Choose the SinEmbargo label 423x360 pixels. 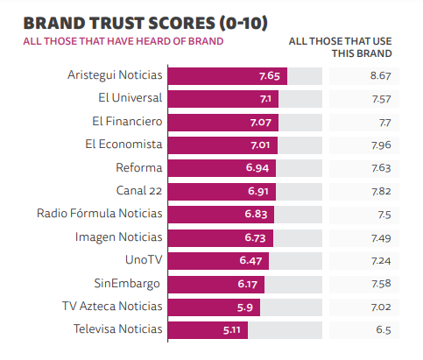[128, 283]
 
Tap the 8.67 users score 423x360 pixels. [378, 76]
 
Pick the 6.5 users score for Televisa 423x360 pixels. [383, 329]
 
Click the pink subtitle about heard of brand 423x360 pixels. [123, 41]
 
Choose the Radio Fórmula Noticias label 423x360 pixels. [100, 213]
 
